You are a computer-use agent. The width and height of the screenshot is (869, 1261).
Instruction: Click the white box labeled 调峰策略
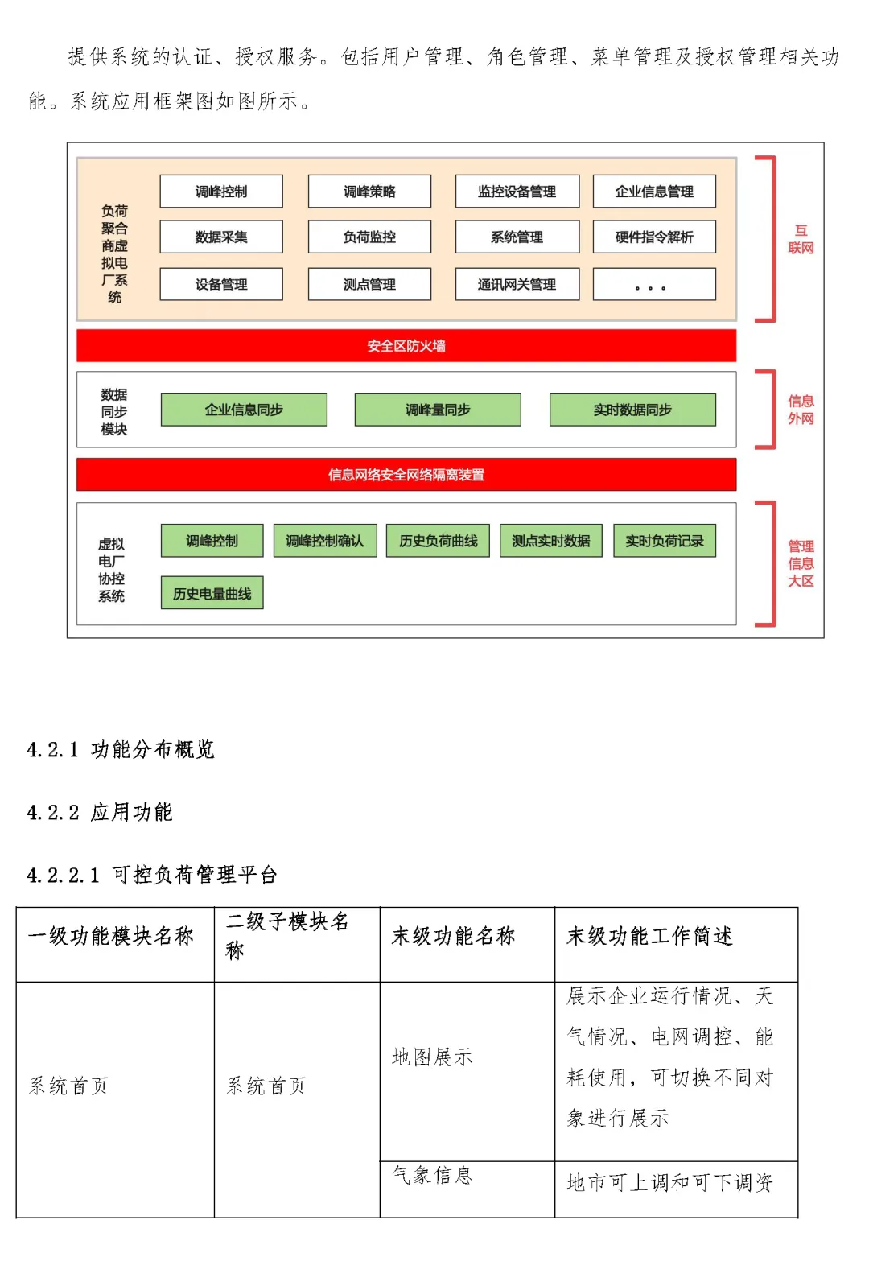(369, 192)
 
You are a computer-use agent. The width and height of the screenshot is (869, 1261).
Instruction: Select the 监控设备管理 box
(517, 192)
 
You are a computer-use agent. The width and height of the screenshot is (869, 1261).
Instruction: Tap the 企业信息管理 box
(654, 192)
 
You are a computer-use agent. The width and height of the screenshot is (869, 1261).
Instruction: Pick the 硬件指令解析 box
(654, 237)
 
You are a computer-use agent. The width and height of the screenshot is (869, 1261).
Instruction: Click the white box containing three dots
(654, 284)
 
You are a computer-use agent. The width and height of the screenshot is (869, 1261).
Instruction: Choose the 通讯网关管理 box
(517, 284)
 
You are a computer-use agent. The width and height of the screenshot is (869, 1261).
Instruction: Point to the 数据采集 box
(221, 237)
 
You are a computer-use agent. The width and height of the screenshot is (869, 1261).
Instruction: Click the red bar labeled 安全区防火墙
(406, 346)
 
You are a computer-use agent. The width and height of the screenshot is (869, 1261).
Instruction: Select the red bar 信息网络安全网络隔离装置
(406, 475)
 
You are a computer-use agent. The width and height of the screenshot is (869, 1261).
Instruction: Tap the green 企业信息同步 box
(244, 410)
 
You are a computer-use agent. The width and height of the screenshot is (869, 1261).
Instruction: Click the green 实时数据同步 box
(632, 410)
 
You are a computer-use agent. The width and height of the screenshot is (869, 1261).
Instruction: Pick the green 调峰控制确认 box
(324, 541)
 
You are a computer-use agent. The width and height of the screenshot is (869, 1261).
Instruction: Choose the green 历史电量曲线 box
(212, 593)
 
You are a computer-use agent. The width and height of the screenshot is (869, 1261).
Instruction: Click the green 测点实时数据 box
(551, 541)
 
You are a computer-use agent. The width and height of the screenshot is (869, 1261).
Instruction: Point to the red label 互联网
(801, 240)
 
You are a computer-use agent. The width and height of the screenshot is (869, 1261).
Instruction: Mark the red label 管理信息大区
(801, 563)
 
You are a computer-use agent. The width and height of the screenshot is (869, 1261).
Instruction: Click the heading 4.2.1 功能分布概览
(121, 749)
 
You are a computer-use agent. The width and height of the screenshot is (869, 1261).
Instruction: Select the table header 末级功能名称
(453, 936)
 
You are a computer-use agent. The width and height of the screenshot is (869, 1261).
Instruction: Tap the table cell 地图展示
(432, 1057)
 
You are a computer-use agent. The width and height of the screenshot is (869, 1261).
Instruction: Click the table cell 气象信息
(432, 1175)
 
